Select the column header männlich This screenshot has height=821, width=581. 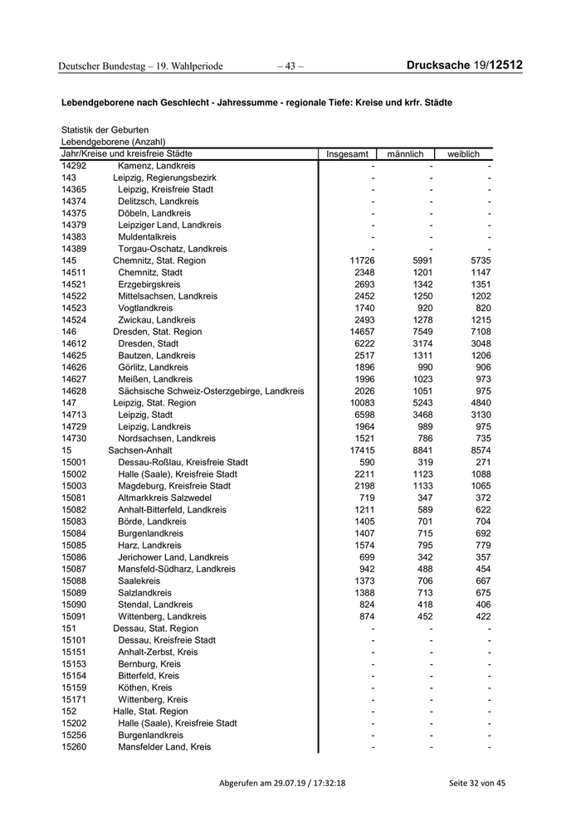pyautogui.click(x=405, y=154)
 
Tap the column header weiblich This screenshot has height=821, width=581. pyautogui.click(x=463, y=154)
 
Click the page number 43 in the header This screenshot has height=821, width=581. pyautogui.click(x=290, y=66)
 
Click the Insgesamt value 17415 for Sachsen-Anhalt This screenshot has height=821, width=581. pyautogui.click(x=364, y=450)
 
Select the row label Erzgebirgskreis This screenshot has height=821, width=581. pyautogui.click(x=149, y=284)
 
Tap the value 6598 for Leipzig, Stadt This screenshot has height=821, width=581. pyautogui.click(x=365, y=415)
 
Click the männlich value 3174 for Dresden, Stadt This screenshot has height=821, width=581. pyautogui.click(x=422, y=343)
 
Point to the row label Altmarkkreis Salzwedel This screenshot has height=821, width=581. pyautogui.click(x=164, y=498)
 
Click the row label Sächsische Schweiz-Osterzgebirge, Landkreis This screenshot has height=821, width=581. pyautogui.click(x=211, y=391)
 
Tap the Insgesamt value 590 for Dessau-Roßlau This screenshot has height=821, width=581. pyautogui.click(x=367, y=462)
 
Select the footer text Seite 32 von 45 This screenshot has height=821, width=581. pyautogui.click(x=476, y=783)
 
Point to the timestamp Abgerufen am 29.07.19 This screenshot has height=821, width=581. pyautogui.click(x=282, y=783)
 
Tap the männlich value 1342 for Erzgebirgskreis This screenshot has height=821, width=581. pyautogui.click(x=422, y=284)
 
